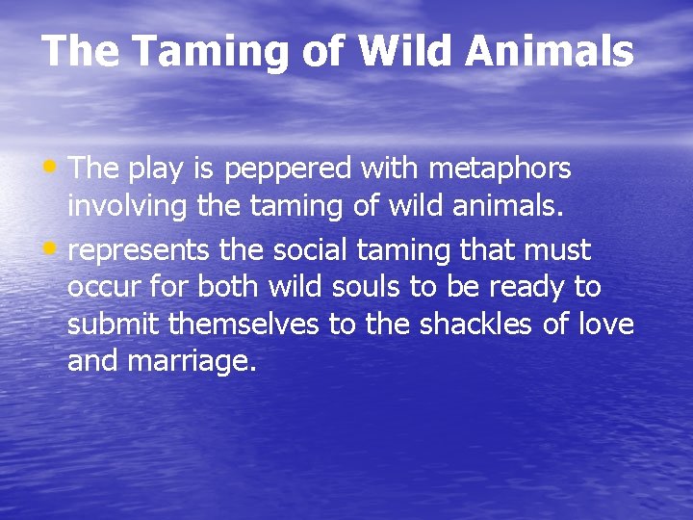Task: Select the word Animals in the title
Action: coord(551,51)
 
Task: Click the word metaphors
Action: coord(500,169)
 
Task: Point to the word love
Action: coord(606,325)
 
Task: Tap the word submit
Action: coord(115,325)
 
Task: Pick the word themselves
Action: coord(244,325)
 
